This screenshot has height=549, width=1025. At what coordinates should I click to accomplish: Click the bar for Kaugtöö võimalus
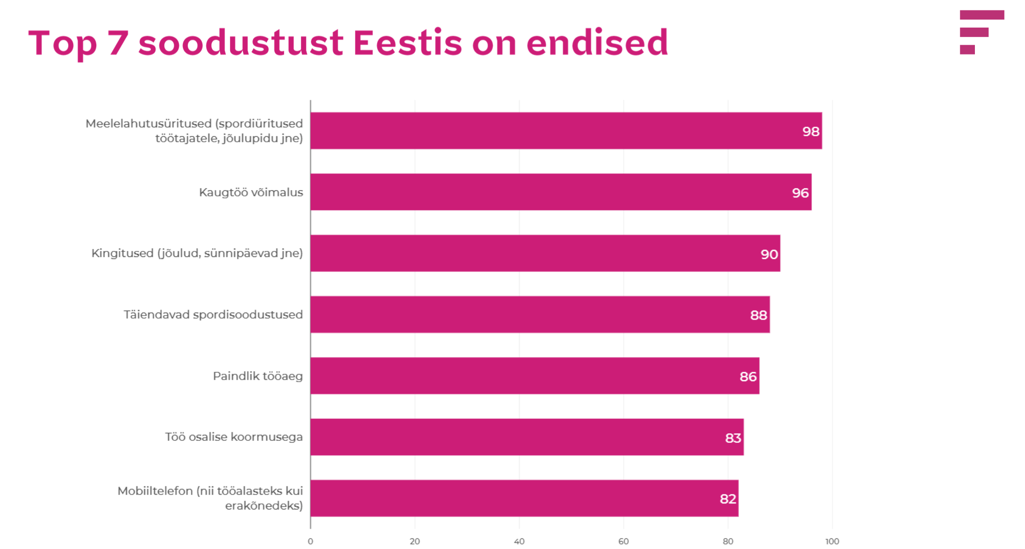(560, 192)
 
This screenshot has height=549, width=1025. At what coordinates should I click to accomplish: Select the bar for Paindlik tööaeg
(534, 376)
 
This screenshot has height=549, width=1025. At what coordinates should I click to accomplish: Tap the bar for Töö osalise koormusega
(526, 437)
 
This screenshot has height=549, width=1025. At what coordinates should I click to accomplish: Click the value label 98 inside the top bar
(811, 131)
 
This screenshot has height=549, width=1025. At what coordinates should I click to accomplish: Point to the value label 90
(769, 254)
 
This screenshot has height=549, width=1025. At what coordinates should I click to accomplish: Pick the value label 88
(758, 315)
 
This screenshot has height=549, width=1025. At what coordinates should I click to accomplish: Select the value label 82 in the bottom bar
(727, 499)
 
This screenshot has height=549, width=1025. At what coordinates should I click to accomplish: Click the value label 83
(733, 438)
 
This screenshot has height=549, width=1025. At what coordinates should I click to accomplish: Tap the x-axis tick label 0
(311, 541)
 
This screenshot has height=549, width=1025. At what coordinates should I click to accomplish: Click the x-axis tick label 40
(519, 541)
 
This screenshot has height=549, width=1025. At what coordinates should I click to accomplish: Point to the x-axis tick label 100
(832, 541)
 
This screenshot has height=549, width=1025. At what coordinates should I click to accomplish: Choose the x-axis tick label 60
(623, 541)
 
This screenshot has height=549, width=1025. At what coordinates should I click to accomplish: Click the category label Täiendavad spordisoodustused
(213, 315)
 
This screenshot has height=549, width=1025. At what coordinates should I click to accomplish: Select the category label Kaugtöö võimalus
(250, 192)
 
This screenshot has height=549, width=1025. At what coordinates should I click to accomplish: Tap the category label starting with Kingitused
(197, 253)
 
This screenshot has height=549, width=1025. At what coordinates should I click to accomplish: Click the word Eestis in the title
(407, 43)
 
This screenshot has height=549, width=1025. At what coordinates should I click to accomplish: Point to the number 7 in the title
(118, 43)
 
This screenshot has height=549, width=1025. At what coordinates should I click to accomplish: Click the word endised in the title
(597, 43)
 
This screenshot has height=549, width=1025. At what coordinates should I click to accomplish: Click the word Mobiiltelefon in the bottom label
(155, 491)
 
